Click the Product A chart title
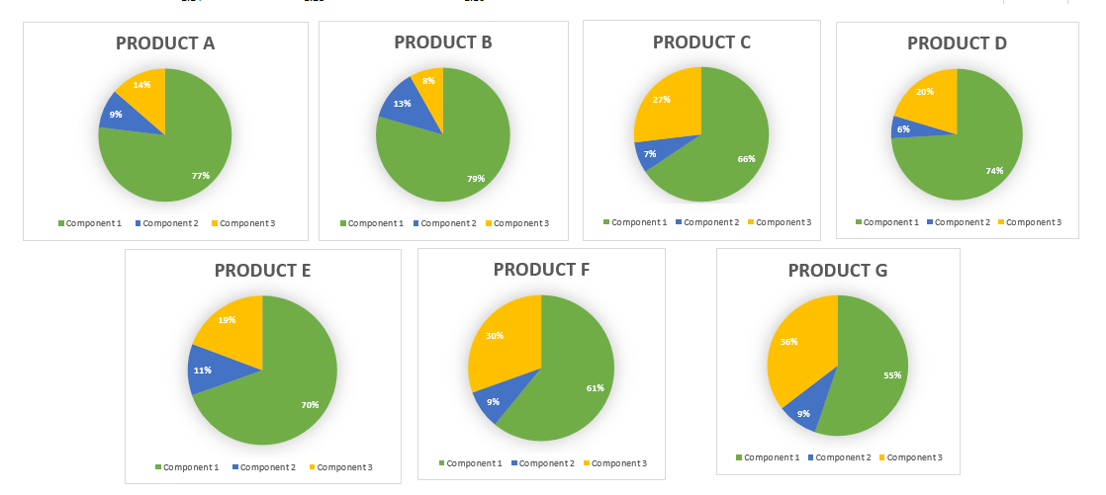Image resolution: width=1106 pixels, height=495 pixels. (165, 43)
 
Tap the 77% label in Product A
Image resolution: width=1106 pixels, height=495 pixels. (201, 175)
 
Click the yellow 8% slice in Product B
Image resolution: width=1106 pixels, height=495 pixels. (429, 84)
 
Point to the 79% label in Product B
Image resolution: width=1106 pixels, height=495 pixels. (476, 179)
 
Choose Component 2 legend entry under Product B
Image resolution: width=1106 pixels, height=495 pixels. (447, 223)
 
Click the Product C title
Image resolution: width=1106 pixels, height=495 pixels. (701, 41)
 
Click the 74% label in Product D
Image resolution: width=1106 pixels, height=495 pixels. (993, 171)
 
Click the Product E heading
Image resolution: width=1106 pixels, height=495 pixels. (262, 270)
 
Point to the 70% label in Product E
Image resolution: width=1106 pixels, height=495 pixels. (310, 404)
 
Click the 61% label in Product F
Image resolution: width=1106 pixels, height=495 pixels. (595, 388)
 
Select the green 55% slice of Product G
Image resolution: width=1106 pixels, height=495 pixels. (871, 380)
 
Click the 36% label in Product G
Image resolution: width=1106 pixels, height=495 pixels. (789, 343)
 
